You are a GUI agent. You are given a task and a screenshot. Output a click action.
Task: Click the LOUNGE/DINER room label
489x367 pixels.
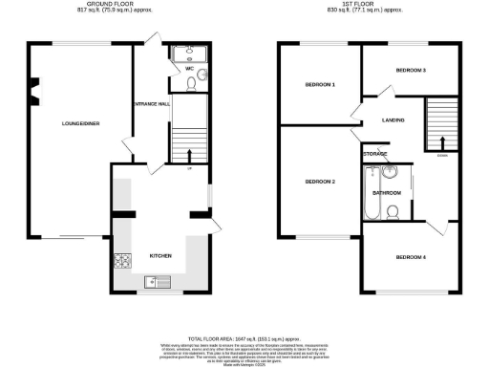tap(81, 123)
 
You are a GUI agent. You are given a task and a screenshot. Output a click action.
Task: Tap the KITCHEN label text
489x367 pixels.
tap(160, 256)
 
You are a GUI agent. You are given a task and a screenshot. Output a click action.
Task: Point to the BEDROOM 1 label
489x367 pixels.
tap(320, 85)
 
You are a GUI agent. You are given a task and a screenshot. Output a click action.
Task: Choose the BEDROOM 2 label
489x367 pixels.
tap(320, 182)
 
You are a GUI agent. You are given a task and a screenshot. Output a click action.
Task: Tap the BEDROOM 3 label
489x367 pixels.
tap(411, 70)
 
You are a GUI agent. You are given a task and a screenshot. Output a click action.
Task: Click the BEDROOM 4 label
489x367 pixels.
tap(412, 256)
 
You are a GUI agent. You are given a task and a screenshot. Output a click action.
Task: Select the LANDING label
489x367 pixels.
tap(393, 120)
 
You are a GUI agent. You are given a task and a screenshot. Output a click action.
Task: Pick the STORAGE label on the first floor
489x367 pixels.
tap(375, 153)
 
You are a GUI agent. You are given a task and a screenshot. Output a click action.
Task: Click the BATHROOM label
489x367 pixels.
tap(386, 193)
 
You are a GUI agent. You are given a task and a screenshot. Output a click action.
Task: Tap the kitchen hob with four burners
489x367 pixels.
tap(122, 259)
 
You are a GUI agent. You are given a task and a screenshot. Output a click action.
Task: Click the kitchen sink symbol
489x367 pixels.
tap(157, 281)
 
